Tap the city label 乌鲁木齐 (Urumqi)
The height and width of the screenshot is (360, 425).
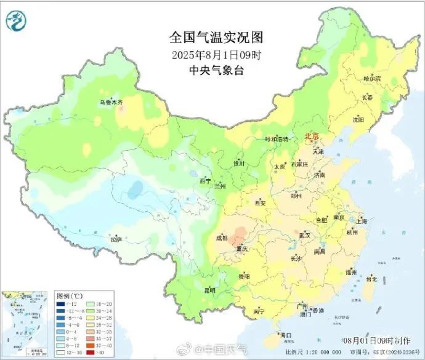pos(112,102)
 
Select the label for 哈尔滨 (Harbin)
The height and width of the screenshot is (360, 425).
pos(372,79)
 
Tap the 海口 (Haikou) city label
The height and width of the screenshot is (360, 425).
pos(286,335)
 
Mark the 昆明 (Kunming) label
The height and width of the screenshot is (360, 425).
pos(210,290)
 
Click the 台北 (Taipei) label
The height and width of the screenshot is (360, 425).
pos(371,279)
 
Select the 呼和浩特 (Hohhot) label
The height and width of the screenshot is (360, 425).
pos(277,139)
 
